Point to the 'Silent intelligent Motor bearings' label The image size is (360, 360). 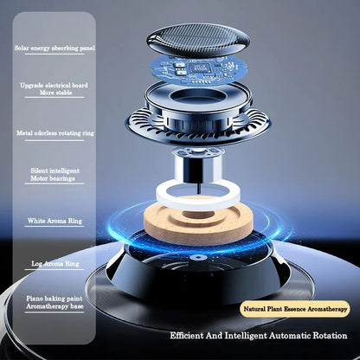[55, 176]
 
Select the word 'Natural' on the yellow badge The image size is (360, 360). [256, 308]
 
